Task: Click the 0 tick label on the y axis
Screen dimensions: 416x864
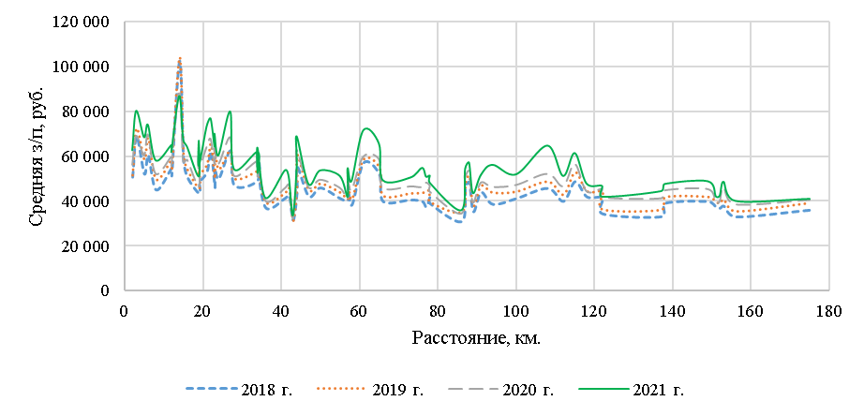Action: pyautogui.click(x=106, y=291)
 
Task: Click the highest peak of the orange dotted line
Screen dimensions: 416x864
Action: pyautogui.click(x=179, y=58)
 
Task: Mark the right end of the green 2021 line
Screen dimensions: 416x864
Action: pyautogui.click(x=810, y=199)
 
